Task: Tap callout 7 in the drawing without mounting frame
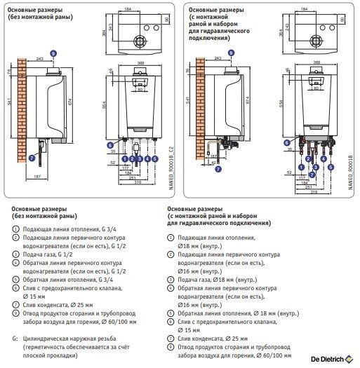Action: [x=31, y=158]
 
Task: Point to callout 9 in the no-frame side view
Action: [x=54, y=53]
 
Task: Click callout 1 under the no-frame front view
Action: [x=124, y=160]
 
